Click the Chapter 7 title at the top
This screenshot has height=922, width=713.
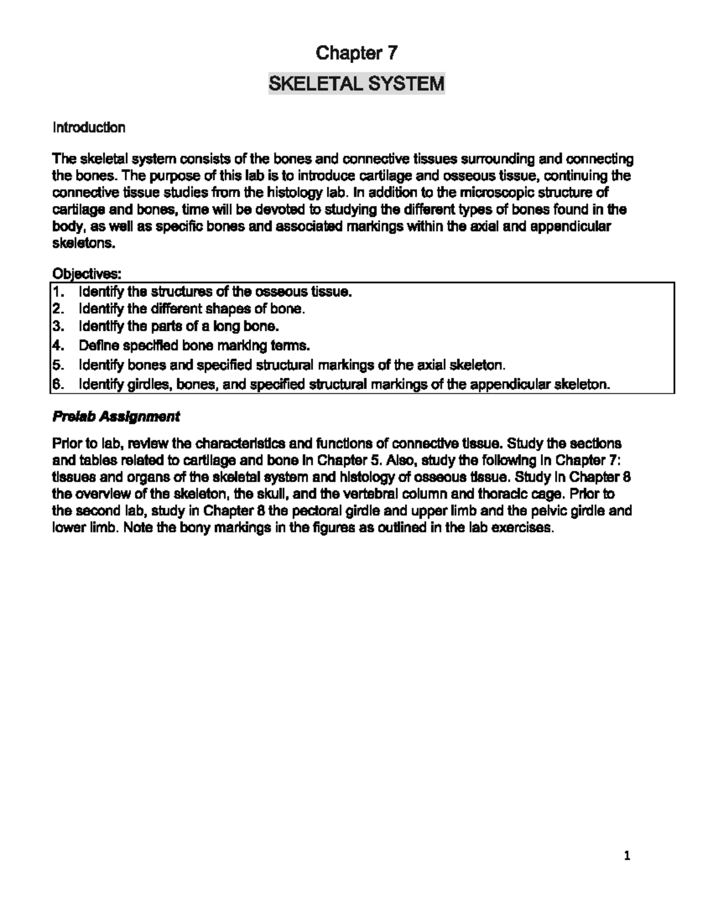point(356,53)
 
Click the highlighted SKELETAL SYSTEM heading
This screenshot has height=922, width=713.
point(356,84)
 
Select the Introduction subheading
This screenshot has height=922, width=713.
point(89,128)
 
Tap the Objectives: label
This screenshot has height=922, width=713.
point(87,274)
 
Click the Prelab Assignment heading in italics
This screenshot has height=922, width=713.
point(116,417)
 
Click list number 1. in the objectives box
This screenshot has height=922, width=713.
point(57,292)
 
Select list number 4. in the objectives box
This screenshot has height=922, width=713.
point(57,346)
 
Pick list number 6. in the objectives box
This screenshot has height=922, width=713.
point(57,385)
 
